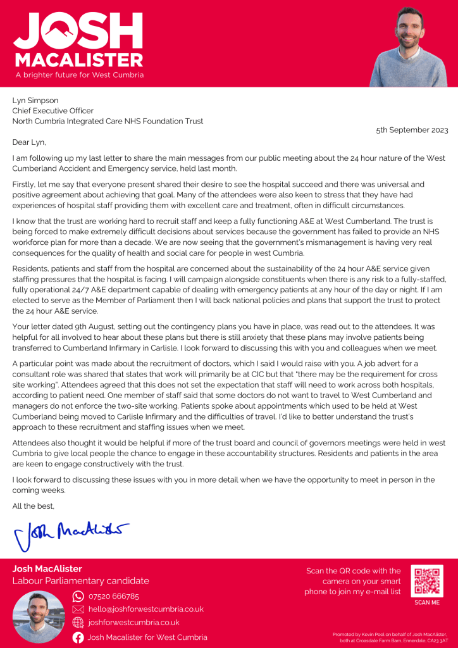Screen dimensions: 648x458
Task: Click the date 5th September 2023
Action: coord(412,130)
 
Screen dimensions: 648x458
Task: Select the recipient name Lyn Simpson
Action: coord(35,100)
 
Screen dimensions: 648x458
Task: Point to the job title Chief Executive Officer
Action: coord(53,111)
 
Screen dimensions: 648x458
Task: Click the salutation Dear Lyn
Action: coord(29,142)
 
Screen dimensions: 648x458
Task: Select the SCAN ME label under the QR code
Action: coord(427,602)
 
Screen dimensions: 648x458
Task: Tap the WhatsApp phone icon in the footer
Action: coord(78,596)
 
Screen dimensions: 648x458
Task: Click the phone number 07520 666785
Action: coord(114,596)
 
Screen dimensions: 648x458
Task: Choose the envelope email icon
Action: coord(78,609)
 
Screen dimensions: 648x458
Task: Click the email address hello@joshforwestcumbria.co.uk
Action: coord(145,609)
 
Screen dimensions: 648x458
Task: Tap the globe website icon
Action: coord(78,623)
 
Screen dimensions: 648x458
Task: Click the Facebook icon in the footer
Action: coord(78,637)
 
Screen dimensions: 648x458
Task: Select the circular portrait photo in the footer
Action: coord(39,617)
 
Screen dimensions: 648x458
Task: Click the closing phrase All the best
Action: coord(34,506)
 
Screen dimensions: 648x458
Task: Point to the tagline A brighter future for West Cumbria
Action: coord(79,75)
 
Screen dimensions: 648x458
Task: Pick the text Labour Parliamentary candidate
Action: coord(81,581)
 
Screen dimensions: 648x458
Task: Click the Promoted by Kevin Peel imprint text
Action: coord(390,637)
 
